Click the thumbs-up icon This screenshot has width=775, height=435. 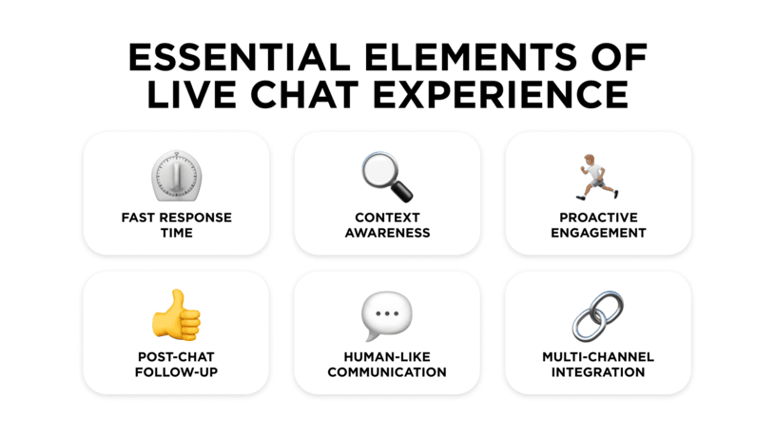(x=177, y=316)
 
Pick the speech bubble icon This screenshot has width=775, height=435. (x=387, y=316)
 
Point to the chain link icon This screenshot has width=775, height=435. (x=598, y=316)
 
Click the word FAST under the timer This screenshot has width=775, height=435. (x=137, y=217)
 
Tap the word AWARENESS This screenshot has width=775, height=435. (x=387, y=233)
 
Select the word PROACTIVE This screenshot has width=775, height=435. (x=598, y=217)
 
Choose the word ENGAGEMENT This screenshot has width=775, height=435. (x=598, y=233)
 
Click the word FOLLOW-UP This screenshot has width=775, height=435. (x=177, y=372)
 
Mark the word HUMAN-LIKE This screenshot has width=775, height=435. (x=387, y=357)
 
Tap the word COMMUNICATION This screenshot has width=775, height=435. (x=387, y=372)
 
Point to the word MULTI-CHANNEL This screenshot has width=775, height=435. (x=598, y=357)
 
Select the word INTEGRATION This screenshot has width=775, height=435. (x=598, y=372)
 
